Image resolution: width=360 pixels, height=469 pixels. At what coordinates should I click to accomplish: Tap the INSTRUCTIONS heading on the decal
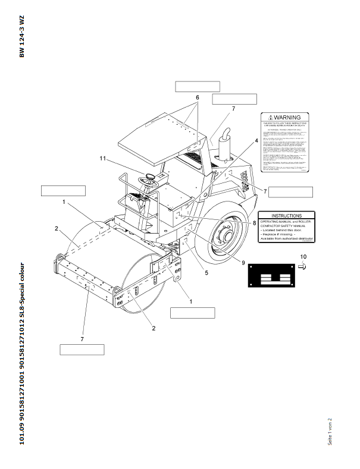tap(286, 216)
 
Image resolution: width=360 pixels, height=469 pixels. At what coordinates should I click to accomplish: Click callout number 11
tap(102, 159)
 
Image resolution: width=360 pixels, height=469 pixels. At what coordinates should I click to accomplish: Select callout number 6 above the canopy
tap(197, 97)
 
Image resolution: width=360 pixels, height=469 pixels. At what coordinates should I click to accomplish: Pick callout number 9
tap(243, 262)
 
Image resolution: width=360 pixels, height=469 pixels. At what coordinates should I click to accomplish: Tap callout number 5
tap(206, 273)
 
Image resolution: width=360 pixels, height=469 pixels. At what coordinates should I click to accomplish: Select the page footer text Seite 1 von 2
tap(329, 431)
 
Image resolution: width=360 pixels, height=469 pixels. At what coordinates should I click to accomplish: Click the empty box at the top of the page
tap(198, 86)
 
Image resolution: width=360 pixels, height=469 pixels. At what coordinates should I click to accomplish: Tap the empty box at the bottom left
tap(82, 350)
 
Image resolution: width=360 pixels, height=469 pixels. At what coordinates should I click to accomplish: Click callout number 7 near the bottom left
tap(82, 339)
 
